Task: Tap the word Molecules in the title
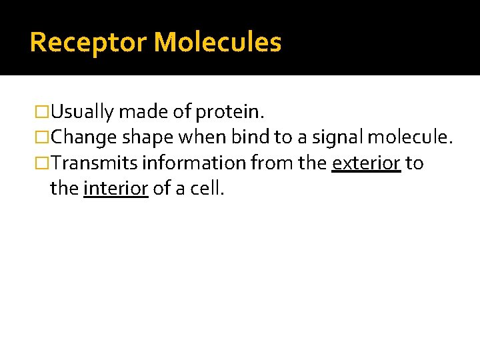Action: pos(218,43)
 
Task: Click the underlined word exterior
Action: pos(366,163)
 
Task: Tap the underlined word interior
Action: pos(116,189)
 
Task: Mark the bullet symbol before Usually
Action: pos(43,111)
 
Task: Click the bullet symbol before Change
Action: pos(43,138)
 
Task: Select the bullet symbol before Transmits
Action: pos(43,164)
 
